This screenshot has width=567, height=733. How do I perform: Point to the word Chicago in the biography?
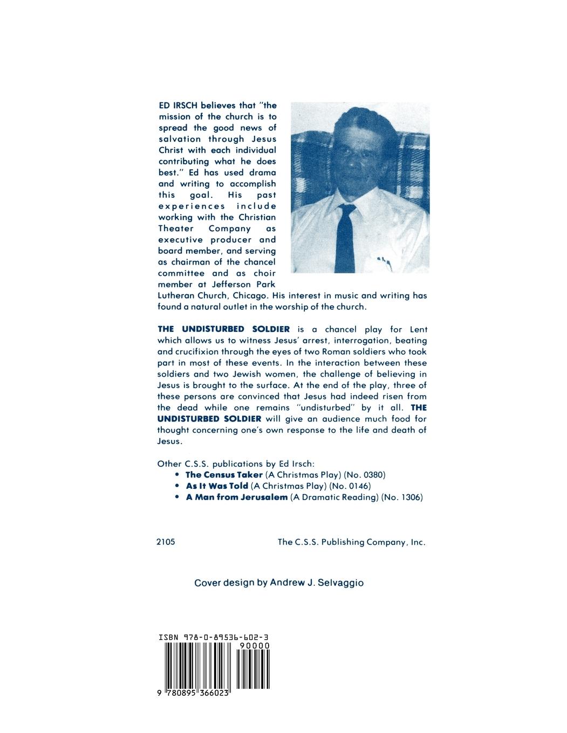[250, 296]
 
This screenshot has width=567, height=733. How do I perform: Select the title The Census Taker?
[224, 475]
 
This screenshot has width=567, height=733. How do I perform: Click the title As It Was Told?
[217, 486]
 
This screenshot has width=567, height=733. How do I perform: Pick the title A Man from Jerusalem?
[236, 497]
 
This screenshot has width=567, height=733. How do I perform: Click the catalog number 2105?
[166, 542]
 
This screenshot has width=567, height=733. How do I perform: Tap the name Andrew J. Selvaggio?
[317, 583]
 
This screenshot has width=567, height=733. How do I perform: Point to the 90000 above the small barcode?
[254, 646]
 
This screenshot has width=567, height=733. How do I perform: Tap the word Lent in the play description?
[418, 329]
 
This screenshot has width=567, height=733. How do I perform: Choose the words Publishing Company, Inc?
[373, 542]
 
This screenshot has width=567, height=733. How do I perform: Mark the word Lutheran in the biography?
[176, 296]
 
